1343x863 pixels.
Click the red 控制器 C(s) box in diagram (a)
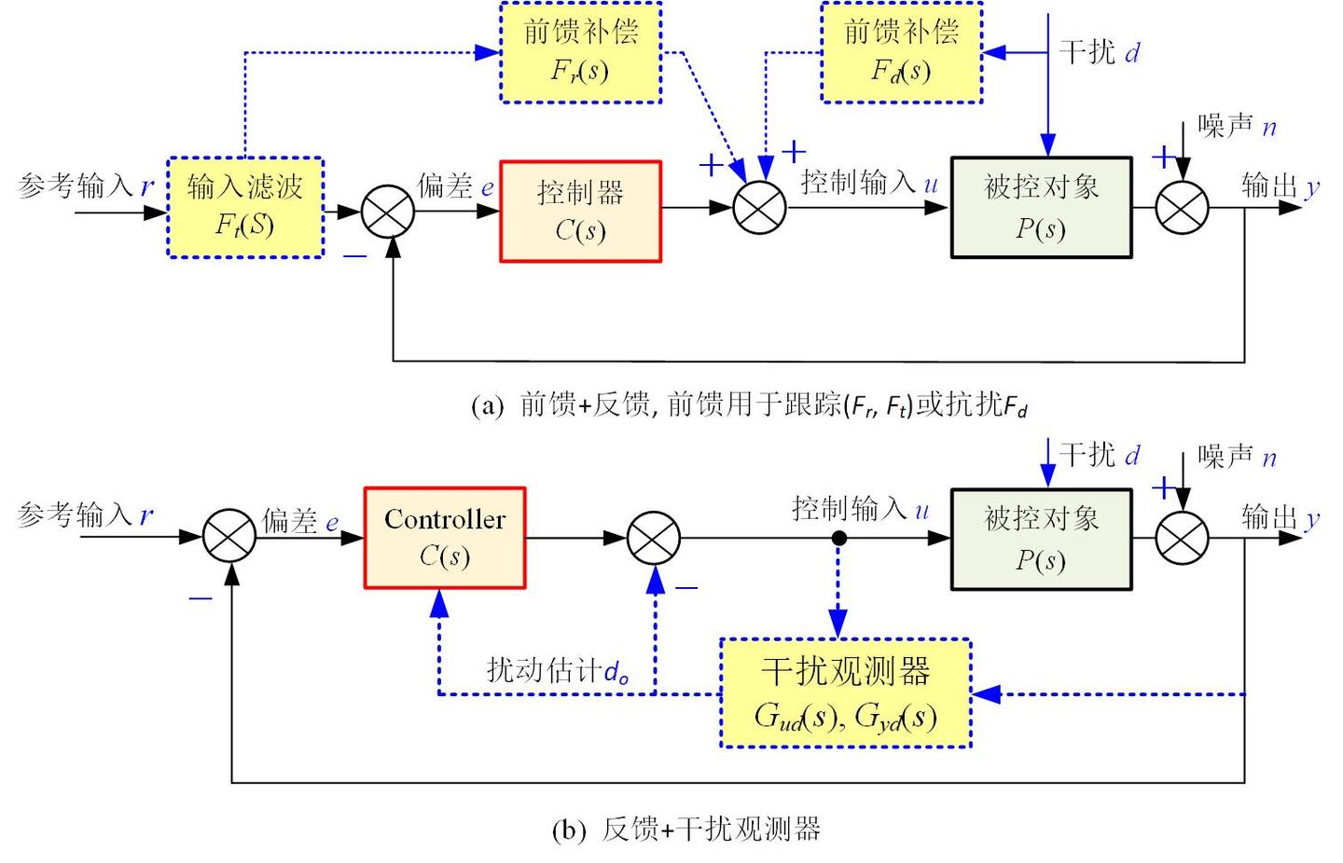tap(580, 212)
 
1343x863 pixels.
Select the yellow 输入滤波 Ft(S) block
tap(245, 207)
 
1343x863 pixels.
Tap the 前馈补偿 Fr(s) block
tap(580, 52)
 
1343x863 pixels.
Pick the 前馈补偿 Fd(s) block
tap(901, 52)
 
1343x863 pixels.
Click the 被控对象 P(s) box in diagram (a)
tap(1041, 208)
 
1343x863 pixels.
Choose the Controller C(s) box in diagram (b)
tap(445, 538)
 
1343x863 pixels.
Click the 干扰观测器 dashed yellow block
tap(845, 693)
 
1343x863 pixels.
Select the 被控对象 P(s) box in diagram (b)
tap(1041, 540)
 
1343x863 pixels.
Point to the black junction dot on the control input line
tap(838, 538)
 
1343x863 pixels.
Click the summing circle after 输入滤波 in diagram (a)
tap(388, 211)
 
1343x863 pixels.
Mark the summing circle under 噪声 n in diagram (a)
tap(1182, 208)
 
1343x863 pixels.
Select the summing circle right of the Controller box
tap(654, 538)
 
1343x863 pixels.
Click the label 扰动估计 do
tap(557, 671)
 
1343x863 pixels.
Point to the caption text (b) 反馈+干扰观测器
tap(685, 829)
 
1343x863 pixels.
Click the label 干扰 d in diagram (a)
tap(1099, 52)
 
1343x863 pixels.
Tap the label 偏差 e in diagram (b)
tap(299, 521)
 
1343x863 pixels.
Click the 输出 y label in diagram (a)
tap(1281, 186)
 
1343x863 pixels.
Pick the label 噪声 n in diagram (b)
tap(1237, 457)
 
